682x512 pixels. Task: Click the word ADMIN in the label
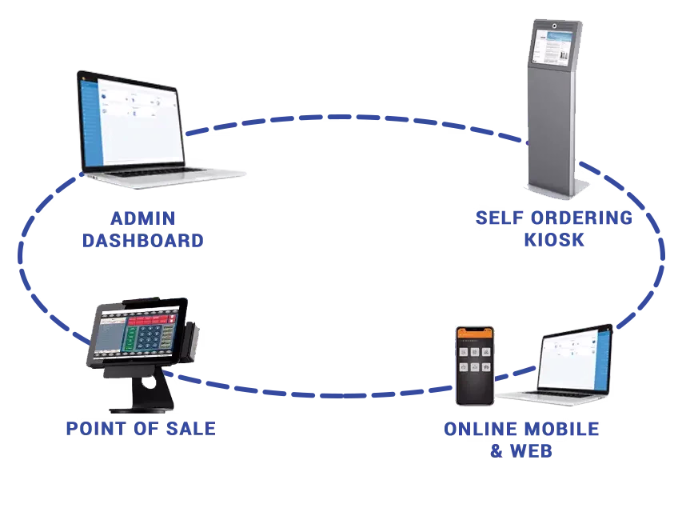click(x=142, y=217)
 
